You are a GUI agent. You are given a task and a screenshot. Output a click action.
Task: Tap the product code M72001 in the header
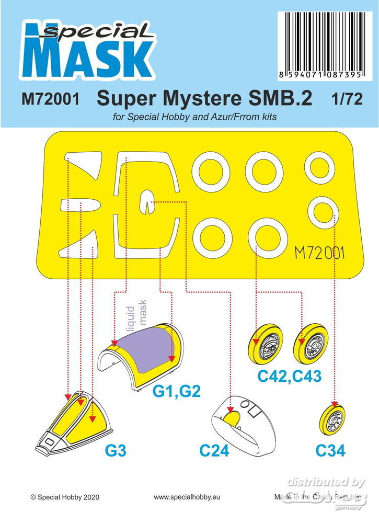50,99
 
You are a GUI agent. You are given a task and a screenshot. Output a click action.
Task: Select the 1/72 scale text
347,99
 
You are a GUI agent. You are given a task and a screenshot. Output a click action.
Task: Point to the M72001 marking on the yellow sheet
319,254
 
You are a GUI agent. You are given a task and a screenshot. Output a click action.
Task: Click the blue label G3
116,451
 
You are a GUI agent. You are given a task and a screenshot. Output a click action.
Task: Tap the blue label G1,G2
176,391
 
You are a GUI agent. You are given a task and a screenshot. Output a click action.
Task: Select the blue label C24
214,451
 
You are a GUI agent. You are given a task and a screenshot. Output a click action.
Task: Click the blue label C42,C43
289,376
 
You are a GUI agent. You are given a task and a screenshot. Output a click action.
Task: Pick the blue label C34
330,451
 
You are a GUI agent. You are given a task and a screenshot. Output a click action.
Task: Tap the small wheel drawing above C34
332,419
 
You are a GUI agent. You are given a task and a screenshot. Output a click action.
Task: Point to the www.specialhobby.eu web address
187,497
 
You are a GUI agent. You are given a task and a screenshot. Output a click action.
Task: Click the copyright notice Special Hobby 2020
65,497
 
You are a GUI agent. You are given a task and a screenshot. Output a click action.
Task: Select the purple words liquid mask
136,315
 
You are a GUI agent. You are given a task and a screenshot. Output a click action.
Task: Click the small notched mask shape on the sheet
146,202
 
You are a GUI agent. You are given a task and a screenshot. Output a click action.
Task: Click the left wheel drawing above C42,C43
266,345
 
